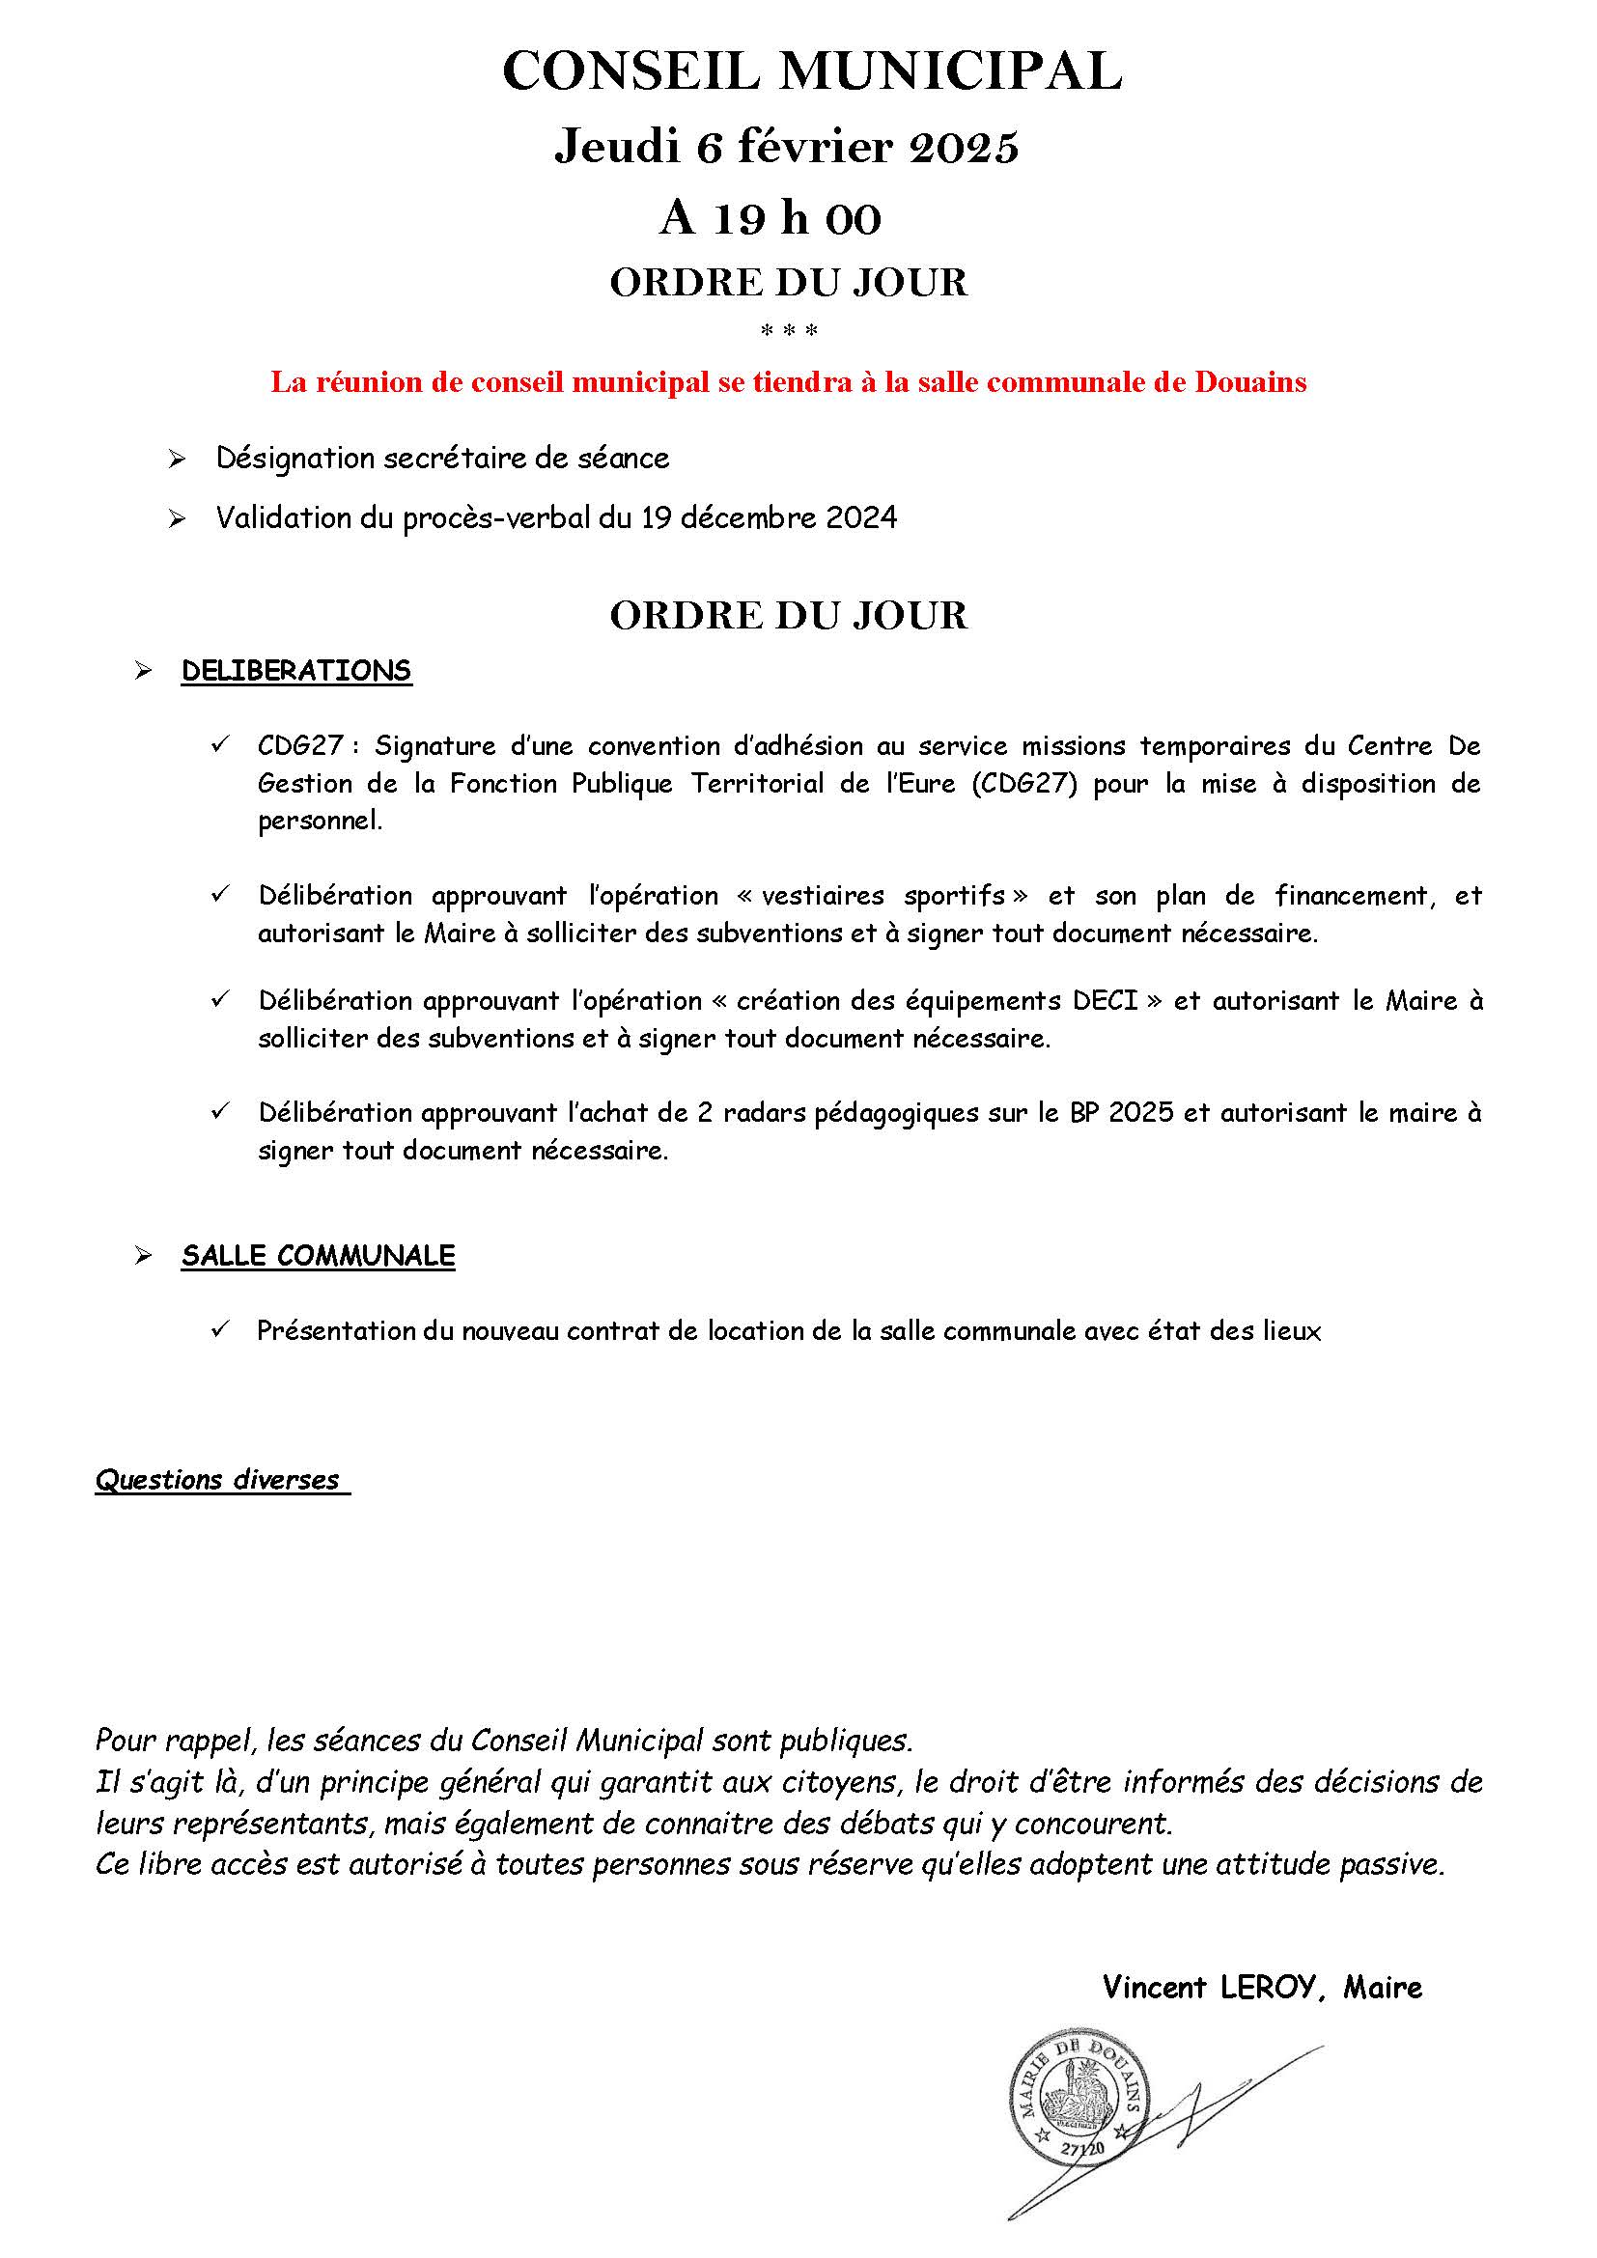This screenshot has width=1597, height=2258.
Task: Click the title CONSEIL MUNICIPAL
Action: pos(811,72)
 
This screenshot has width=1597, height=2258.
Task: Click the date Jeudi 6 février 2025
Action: pos(787,149)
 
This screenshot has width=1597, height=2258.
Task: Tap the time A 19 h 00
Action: pos(770,219)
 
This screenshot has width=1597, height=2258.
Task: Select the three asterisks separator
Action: pos(790,331)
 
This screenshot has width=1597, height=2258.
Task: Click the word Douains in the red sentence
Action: pos(1249,382)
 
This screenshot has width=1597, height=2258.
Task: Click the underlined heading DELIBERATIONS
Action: pos(296,672)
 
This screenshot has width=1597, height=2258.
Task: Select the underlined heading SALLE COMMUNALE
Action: pos(318,1257)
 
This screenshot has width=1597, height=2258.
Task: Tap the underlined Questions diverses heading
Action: pos(217,1480)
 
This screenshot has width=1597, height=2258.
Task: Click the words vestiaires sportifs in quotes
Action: pos(883,896)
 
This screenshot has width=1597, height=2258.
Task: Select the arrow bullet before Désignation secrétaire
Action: pos(177,460)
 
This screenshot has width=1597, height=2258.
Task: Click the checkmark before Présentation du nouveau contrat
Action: pos(219,1330)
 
